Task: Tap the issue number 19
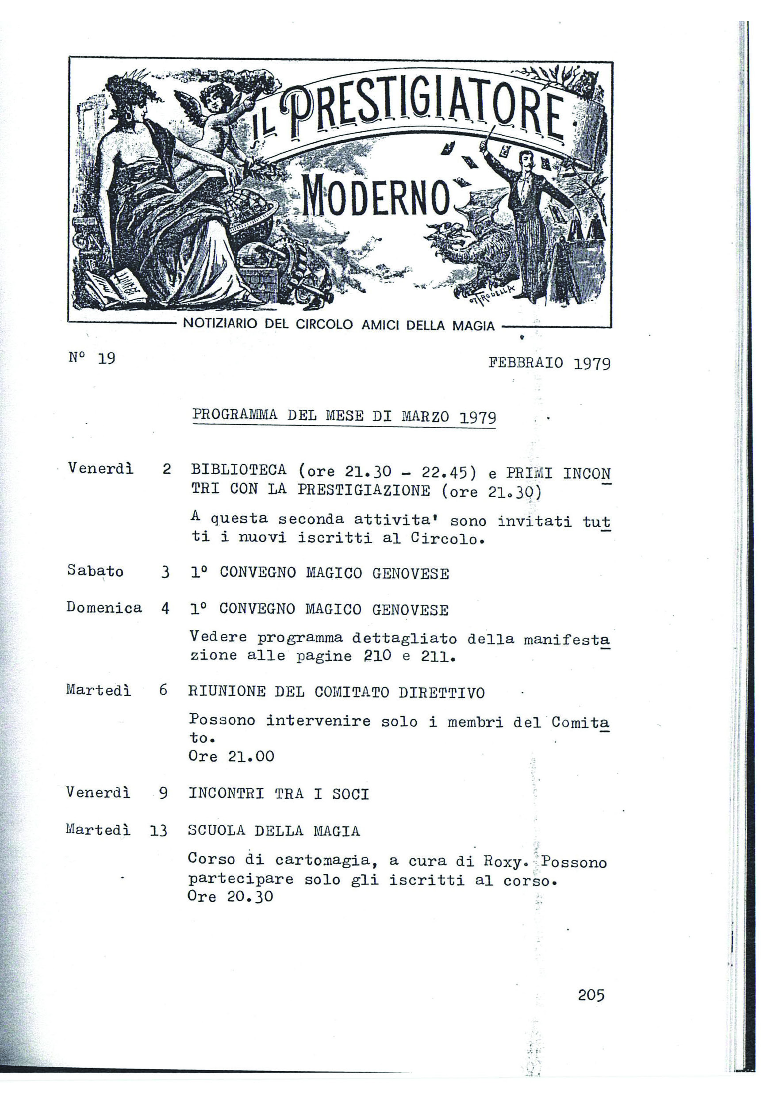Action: (x=106, y=358)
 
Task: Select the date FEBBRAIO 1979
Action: (x=549, y=363)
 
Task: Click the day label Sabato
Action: (x=95, y=571)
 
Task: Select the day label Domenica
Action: (x=104, y=608)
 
